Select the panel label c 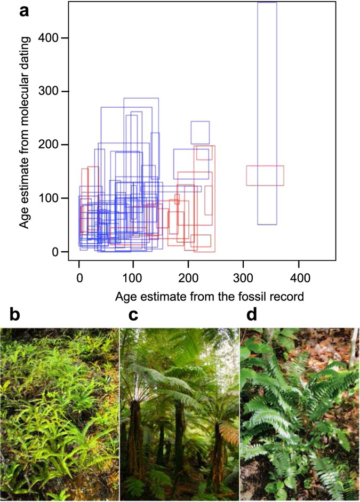134,315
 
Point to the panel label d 251,315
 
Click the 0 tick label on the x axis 79,278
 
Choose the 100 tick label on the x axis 134,278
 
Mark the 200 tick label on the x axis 189,278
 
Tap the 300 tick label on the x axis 244,278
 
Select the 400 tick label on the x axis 299,278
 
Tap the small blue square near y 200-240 200,133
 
